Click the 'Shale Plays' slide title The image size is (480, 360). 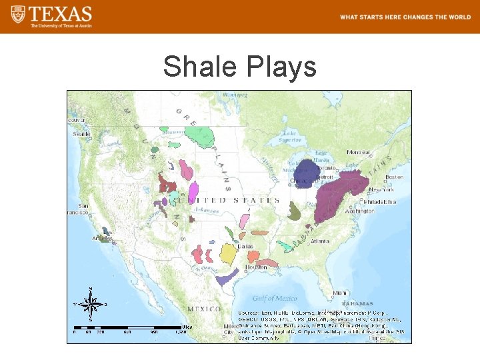click(x=240, y=67)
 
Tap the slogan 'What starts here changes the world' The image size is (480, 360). click(x=405, y=17)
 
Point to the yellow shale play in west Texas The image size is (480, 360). click(x=228, y=253)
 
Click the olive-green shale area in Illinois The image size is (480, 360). click(x=294, y=212)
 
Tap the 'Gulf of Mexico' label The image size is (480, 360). click(x=275, y=298)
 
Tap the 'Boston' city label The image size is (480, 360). click(x=394, y=177)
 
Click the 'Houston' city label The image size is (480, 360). click(x=256, y=267)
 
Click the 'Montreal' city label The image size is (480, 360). click(x=359, y=152)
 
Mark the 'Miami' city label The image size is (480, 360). click(x=340, y=293)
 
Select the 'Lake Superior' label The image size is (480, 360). click(x=289, y=136)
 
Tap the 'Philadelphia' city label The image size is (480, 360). click(x=381, y=201)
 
